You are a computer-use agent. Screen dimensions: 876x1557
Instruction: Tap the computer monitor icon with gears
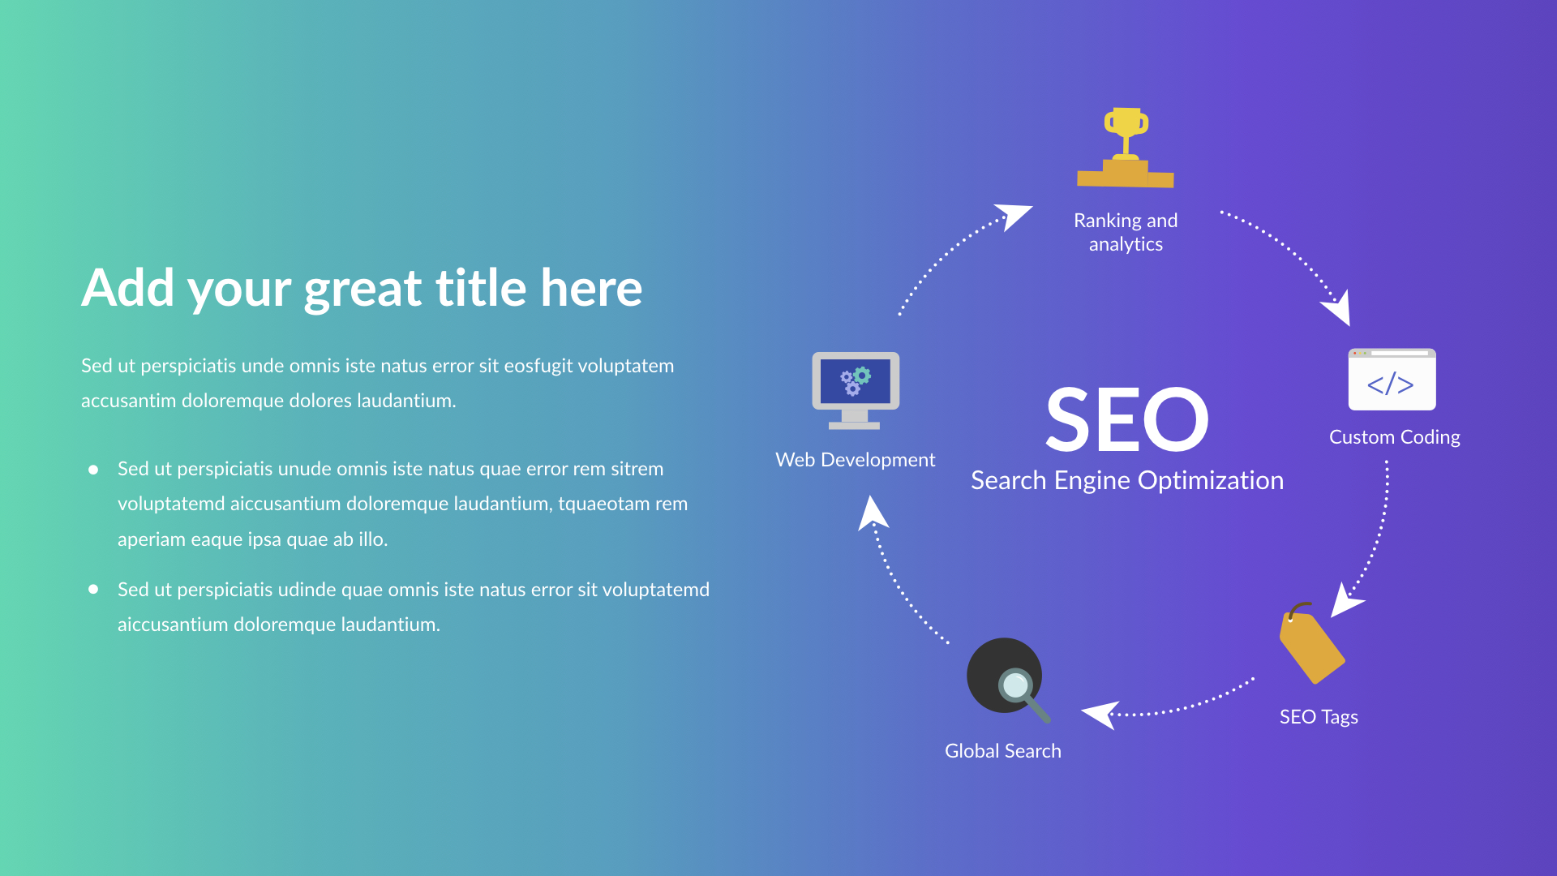point(856,390)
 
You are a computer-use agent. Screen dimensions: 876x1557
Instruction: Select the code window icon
point(1392,380)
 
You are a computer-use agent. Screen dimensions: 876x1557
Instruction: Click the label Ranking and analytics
point(1126,232)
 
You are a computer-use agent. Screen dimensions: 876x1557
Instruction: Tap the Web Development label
point(855,460)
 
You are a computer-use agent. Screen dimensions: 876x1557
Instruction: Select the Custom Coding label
point(1394,437)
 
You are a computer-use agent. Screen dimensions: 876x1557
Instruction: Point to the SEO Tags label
point(1319,717)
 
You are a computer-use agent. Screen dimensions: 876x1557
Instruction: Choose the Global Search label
point(1002,751)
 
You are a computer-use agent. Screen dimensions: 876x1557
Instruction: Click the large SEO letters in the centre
point(1126,419)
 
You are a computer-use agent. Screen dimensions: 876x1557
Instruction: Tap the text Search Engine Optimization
point(1126,480)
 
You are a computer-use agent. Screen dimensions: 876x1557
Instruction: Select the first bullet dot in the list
point(93,470)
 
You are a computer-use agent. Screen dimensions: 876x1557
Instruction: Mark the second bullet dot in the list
point(93,590)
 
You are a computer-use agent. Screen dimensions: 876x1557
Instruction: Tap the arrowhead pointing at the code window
point(1339,309)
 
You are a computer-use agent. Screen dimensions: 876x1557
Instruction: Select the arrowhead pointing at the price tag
point(1345,601)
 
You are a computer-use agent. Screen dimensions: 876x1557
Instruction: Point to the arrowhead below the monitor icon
point(873,514)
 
